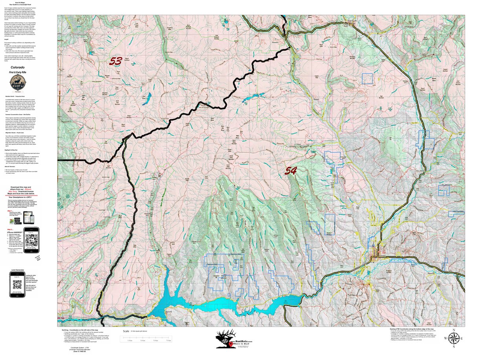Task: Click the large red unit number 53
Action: point(115,61)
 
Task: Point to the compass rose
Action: point(454,338)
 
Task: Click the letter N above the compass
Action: point(454,330)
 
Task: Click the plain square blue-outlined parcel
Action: point(367,79)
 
